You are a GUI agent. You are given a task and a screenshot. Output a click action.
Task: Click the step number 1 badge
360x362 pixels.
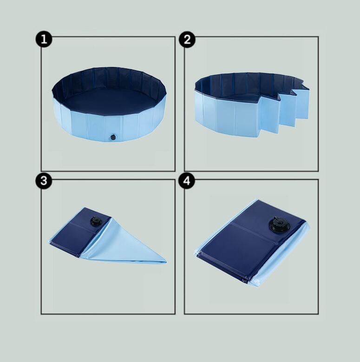(x=44, y=39)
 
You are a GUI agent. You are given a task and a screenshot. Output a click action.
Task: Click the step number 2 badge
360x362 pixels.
(x=187, y=39)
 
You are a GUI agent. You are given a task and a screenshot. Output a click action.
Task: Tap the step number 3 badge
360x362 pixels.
(x=44, y=181)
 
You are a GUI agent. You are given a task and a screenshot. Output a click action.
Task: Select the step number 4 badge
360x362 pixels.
(x=187, y=181)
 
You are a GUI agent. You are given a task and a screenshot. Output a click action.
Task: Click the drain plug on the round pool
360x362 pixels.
(x=113, y=137)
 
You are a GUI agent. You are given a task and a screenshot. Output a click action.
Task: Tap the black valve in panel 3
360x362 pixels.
(x=96, y=222)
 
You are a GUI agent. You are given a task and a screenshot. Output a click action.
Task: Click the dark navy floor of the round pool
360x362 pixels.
(x=108, y=102)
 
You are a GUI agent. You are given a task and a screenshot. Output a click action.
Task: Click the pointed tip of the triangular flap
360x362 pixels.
(x=166, y=261)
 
